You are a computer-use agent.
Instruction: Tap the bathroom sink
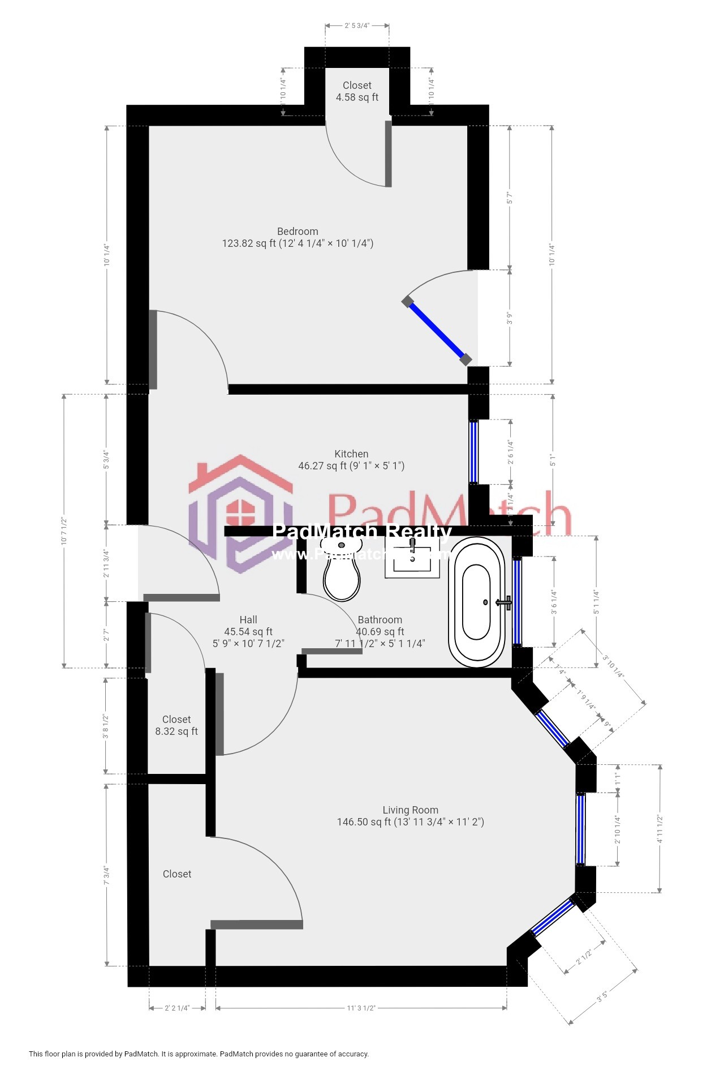coord(412,557)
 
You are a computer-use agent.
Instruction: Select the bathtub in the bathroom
coord(477,602)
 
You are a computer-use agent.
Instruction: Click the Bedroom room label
coord(298,237)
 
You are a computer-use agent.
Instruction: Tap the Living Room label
coord(410,816)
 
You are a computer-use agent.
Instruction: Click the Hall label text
coord(248,620)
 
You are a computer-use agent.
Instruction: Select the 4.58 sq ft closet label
coord(357,91)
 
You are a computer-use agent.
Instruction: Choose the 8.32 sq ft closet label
coord(176,725)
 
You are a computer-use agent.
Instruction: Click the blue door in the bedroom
coord(436,331)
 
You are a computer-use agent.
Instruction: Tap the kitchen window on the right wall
coord(474,451)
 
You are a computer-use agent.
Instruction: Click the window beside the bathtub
coord(517,601)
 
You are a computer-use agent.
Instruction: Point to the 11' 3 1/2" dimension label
coord(361,1008)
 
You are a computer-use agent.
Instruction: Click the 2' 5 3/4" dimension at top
coord(357,25)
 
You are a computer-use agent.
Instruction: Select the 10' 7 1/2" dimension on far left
coord(64,530)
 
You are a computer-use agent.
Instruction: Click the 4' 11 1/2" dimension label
coord(660,829)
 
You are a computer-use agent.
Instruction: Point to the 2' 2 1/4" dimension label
coord(177,1008)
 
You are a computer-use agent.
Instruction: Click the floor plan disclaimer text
coord(199,1054)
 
